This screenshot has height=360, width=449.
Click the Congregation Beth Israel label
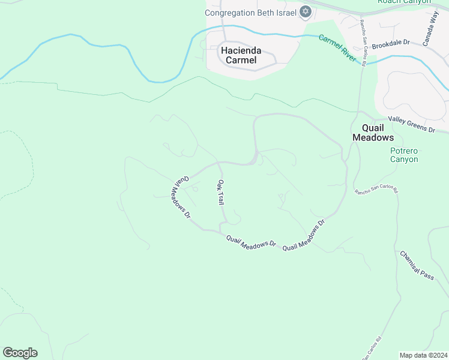[x=251, y=12]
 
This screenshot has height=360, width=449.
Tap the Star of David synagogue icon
[x=305, y=12]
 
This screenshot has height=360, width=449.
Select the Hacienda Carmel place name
[x=238, y=55]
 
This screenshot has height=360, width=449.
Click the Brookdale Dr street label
[x=390, y=44]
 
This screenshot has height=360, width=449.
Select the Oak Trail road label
[x=221, y=193]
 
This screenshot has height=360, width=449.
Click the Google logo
[x=20, y=353]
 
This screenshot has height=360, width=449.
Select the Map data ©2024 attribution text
[x=423, y=355]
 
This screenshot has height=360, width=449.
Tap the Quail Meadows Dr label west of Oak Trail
[x=182, y=196]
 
